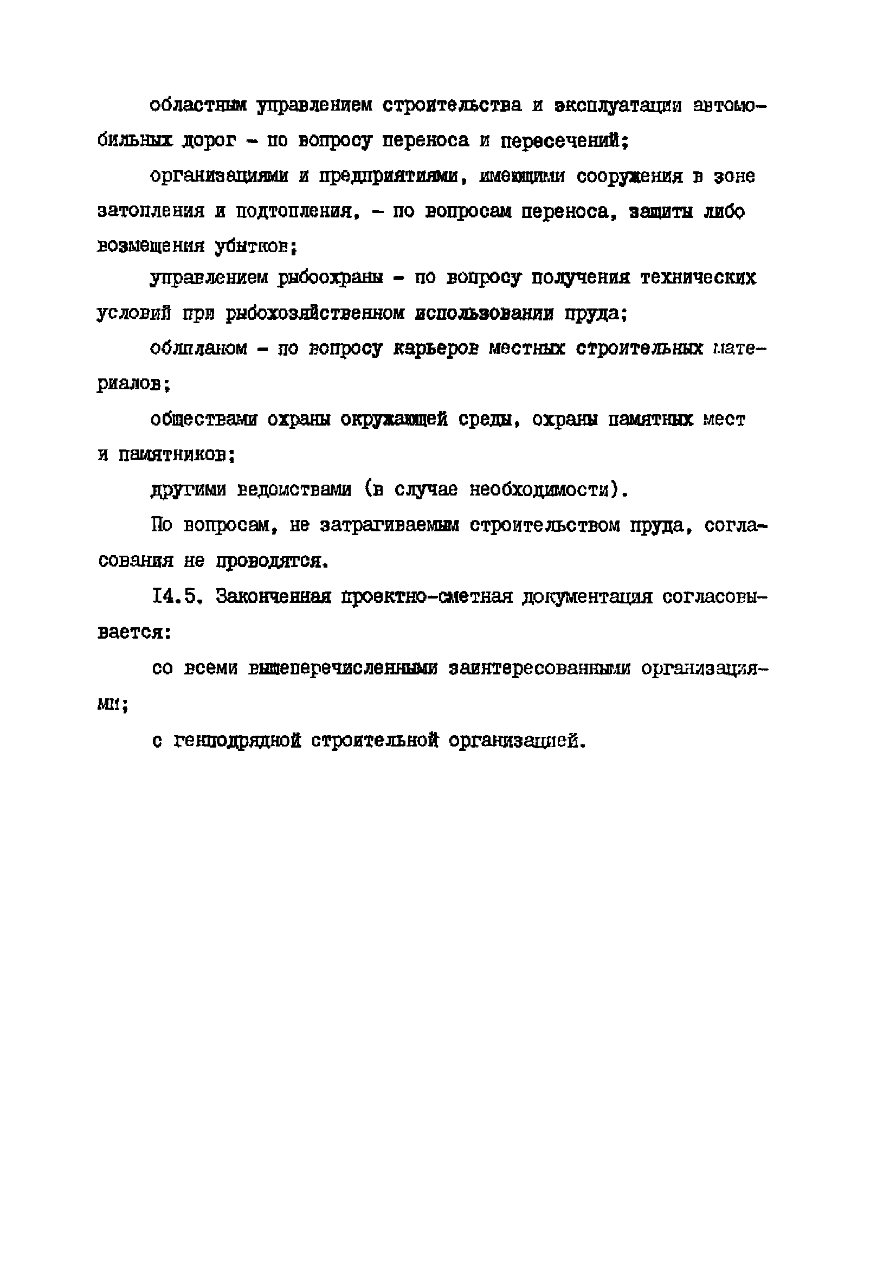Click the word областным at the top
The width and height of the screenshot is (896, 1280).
198,106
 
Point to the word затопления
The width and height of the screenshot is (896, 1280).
151,212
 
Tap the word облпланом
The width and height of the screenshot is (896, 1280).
198,349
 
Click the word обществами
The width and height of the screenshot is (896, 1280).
203,420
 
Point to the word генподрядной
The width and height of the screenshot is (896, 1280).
237,741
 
